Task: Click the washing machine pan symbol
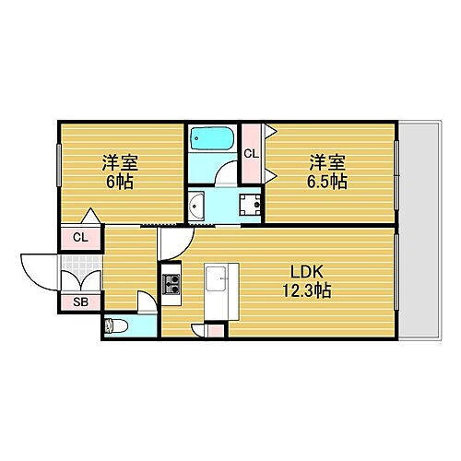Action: pyautogui.click(x=247, y=207)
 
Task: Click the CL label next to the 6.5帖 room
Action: pyautogui.click(x=251, y=154)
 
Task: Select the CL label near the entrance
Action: pyautogui.click(x=80, y=238)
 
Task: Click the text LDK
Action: pyautogui.click(x=307, y=274)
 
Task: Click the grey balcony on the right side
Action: pyautogui.click(x=421, y=230)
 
